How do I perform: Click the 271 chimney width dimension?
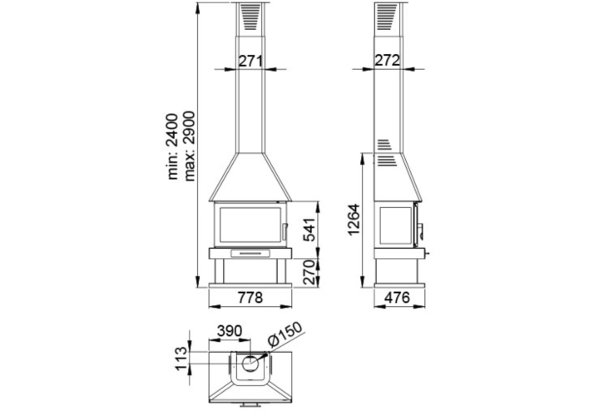[250, 61]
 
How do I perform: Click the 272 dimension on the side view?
[387, 60]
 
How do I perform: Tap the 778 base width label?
[250, 298]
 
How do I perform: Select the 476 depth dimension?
[397, 298]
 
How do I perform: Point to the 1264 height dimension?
[354, 220]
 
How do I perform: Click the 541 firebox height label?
[309, 230]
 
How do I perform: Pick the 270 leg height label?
[309, 272]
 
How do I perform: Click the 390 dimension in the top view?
[230, 331]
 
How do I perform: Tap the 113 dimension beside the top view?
[182, 359]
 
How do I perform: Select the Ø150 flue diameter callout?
[285, 334]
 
